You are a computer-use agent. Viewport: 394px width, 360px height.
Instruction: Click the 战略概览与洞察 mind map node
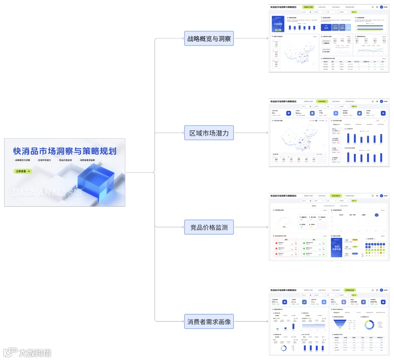click(209, 38)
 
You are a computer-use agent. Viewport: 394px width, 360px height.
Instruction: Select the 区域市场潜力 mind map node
click(209, 133)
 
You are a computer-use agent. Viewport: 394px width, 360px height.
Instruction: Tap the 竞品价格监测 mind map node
click(209, 227)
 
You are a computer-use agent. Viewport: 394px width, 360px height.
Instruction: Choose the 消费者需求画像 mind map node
click(209, 322)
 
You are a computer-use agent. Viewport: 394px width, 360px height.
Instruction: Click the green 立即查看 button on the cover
click(23, 171)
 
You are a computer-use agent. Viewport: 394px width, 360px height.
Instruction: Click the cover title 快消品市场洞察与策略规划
click(65, 151)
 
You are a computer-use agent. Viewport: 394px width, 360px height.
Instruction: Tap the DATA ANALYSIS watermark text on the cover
click(47, 192)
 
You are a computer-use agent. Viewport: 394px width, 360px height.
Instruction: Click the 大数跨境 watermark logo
click(27, 353)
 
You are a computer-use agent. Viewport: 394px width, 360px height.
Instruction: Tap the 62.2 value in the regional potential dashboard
click(274, 113)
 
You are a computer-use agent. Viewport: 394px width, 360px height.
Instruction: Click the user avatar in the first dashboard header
click(381, 7)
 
